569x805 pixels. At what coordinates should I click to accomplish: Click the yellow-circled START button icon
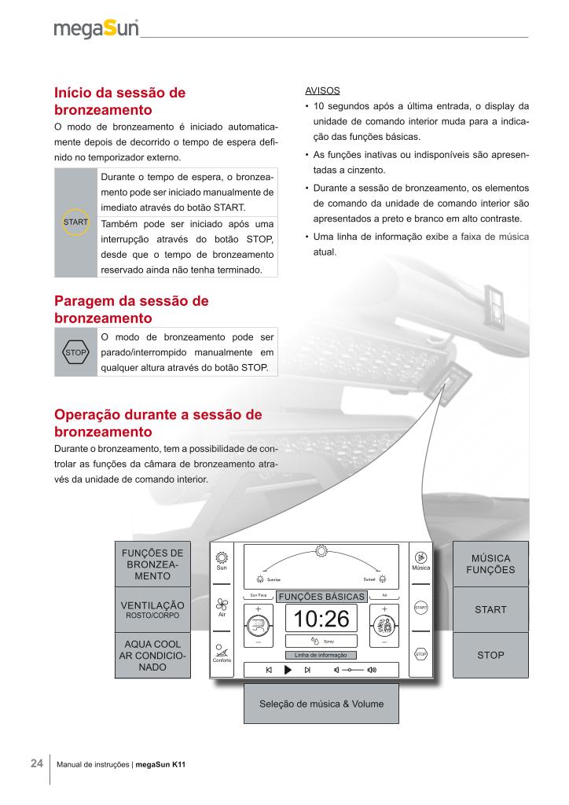[75, 222]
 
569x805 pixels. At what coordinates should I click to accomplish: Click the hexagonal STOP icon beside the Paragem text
[75, 352]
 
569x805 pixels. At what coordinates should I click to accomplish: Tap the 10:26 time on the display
[321, 619]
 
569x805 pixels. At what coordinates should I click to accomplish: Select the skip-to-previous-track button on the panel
[269, 670]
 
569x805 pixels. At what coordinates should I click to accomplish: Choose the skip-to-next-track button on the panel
[307, 670]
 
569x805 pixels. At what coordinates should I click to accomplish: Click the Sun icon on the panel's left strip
[222, 558]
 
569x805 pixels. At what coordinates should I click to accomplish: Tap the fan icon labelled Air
[222, 605]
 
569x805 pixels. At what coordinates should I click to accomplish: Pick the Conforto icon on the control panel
[222, 650]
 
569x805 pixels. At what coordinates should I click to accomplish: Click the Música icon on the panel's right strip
[420, 557]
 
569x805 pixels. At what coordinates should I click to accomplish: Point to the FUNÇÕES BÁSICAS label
[321, 597]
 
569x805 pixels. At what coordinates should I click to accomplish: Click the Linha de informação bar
[321, 655]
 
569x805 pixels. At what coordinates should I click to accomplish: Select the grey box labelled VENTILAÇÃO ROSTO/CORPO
[152, 609]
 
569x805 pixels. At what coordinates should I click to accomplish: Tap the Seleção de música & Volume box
[321, 704]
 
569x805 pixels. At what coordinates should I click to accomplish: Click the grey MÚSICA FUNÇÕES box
[490, 564]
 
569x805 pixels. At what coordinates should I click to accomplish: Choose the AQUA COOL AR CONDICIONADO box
[152, 656]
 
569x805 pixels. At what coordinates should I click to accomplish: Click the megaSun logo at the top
[96, 28]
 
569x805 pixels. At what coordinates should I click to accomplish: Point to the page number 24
[37, 763]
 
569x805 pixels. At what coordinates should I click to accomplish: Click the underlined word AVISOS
[322, 91]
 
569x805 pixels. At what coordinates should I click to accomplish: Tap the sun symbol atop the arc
[321, 551]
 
